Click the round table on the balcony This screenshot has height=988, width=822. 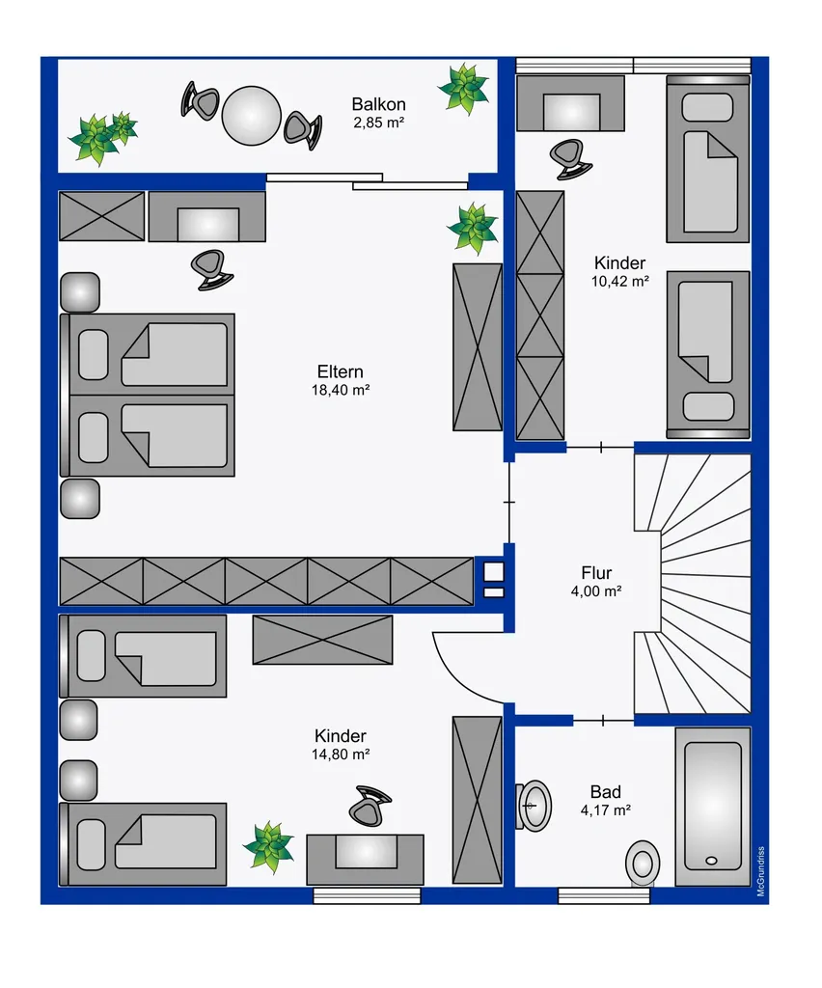(251, 116)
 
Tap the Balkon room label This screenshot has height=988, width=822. (378, 104)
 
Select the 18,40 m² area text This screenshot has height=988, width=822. (341, 390)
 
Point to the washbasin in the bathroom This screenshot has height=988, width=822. (534, 806)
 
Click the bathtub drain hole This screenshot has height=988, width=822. (712, 860)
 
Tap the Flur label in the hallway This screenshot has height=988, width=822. (596, 573)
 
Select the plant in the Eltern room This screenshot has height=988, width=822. (473, 228)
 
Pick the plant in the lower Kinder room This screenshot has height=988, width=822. (268, 846)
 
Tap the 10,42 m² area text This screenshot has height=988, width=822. (619, 282)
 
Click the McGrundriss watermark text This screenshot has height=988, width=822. (761, 871)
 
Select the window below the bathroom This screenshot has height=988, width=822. (603, 895)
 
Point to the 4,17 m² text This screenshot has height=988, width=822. (605, 810)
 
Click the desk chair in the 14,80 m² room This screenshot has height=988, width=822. (370, 805)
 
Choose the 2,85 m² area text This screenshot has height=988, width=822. (378, 123)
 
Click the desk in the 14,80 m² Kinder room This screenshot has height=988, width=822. (366, 860)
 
